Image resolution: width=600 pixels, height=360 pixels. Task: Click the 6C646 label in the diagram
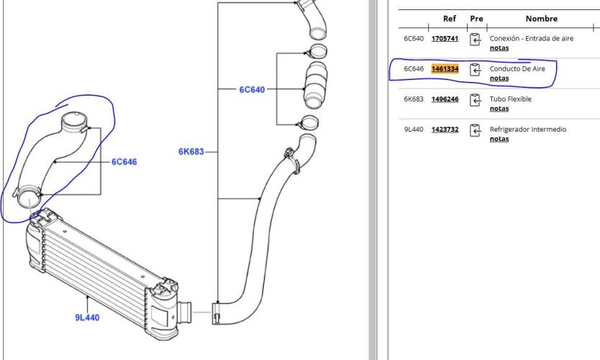[124, 162]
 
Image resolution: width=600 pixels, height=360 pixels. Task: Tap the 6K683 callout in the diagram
[191, 152]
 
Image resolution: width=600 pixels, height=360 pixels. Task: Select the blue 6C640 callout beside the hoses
[252, 89]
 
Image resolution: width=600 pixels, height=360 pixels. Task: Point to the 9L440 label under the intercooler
[87, 318]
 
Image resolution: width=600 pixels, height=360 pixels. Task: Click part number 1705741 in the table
[445, 38]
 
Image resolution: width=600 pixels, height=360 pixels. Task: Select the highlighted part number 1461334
[445, 68]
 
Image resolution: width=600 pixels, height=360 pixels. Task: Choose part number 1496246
[445, 99]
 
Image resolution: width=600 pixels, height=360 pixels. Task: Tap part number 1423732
[445, 129]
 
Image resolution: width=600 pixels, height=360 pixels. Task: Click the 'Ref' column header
[449, 19]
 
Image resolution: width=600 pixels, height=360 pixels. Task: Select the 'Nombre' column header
[541, 19]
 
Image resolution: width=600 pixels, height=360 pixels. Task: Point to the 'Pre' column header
[476, 19]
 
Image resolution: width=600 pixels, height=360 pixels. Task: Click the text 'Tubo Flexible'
[511, 99]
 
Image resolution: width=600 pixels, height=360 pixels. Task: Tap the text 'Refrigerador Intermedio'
[527, 129]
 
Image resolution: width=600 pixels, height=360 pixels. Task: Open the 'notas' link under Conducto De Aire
[499, 78]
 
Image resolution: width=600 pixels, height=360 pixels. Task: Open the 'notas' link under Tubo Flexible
[499, 109]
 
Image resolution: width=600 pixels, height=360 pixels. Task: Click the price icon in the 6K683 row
[475, 100]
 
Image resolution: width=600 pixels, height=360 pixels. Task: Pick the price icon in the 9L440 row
[475, 130]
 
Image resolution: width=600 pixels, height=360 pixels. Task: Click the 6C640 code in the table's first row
[414, 38]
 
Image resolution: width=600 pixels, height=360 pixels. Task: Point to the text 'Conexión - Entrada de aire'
[532, 38]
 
